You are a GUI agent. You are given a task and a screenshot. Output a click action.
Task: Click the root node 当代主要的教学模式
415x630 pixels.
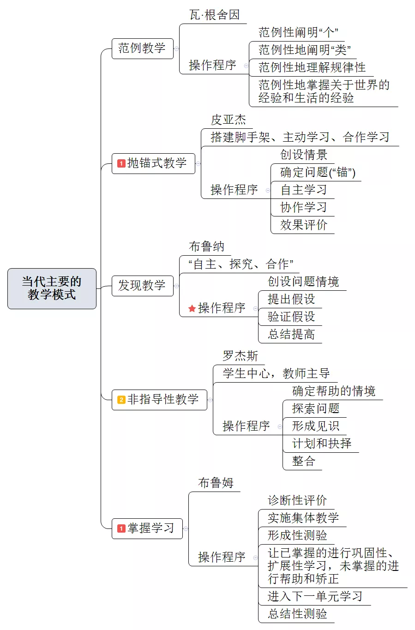point(52,288)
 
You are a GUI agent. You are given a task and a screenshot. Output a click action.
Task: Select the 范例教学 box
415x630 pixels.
point(142,48)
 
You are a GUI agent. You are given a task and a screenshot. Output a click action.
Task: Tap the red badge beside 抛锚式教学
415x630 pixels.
point(121,163)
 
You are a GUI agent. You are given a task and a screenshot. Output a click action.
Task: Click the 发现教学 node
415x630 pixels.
point(142,286)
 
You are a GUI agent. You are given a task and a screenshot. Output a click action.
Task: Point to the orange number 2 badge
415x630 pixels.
point(121,400)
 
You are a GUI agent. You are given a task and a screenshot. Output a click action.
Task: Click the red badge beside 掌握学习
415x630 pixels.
point(121,528)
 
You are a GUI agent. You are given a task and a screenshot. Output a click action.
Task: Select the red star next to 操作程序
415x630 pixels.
point(192,308)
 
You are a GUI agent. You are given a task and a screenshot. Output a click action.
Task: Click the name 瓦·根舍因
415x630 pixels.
point(214,15)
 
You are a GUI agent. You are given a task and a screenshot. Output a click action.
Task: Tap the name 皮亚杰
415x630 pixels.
point(228,120)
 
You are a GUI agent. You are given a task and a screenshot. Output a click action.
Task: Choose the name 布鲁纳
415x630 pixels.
point(206,246)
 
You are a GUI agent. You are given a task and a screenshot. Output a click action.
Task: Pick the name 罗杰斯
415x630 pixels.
point(241,356)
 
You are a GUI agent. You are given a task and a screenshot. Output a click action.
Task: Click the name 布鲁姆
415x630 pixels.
point(216,483)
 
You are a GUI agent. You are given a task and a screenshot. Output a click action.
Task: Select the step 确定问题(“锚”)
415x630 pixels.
point(318,172)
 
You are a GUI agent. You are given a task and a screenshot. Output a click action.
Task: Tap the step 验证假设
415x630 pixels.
point(291,317)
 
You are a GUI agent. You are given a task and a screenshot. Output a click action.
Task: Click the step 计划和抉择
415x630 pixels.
point(322,444)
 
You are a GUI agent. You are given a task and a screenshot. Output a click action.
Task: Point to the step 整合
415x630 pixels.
point(304,461)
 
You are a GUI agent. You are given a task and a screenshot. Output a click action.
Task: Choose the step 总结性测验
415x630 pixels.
point(297,614)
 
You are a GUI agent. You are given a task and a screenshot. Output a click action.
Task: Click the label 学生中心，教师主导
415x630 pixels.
point(276,373)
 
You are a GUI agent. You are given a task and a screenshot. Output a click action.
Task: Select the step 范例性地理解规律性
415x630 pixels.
point(312,67)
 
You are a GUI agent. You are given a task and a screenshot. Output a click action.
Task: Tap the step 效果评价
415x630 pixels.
point(304,225)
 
